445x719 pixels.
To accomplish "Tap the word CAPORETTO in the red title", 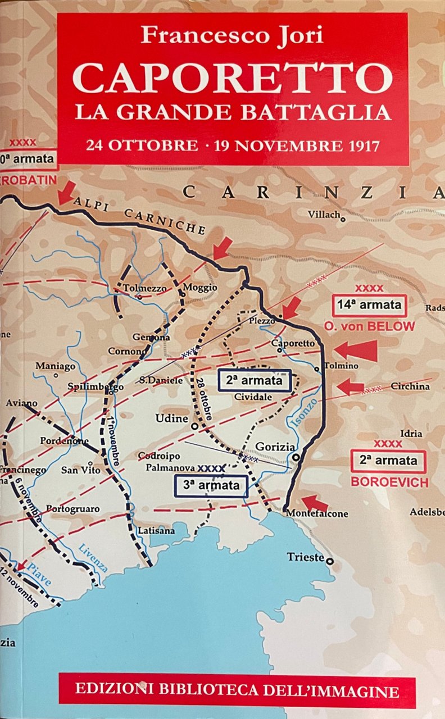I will click(232, 78).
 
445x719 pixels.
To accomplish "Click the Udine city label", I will click(171, 419).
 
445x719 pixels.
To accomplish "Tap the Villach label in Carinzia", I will click(324, 215).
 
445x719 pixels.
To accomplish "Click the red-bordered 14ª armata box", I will click(369, 306).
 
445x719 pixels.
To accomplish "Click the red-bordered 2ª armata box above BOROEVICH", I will click(389, 461).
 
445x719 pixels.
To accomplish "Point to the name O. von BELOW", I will click(369, 326).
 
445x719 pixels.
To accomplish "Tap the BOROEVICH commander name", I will click(389, 482).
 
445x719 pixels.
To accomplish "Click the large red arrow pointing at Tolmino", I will click(354, 351).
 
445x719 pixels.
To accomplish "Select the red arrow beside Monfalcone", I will click(315, 503).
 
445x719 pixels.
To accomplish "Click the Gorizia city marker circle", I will click(296, 458).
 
